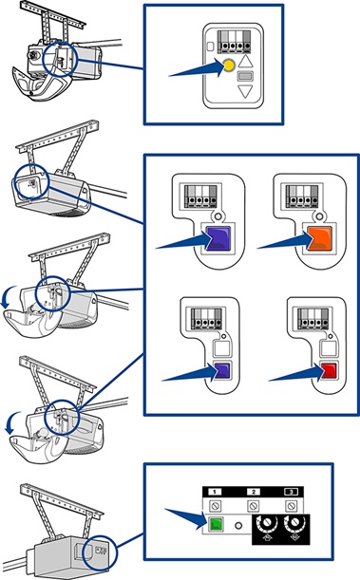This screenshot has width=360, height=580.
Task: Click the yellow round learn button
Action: point(229,65)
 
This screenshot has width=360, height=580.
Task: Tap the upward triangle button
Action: point(245,61)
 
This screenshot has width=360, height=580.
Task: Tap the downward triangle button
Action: point(245,91)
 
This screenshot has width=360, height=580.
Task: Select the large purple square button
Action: point(218,239)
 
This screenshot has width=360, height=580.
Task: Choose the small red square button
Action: point(329,370)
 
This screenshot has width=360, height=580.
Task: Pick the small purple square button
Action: point(222,370)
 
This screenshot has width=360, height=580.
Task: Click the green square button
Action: point(215,524)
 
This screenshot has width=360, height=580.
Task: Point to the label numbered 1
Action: point(215,492)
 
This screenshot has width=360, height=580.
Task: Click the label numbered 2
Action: point(254,492)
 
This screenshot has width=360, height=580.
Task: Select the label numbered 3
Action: point(292,492)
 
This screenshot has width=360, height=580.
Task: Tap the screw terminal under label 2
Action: point(254,505)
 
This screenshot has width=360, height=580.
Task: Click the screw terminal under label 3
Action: point(292,505)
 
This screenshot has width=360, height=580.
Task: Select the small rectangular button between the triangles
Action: point(245,77)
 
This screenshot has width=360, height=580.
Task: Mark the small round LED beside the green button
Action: point(238,525)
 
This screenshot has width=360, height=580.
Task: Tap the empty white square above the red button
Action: point(328,348)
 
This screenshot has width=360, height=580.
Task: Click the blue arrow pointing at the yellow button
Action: point(197,68)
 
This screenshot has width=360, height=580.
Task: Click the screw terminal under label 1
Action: point(215,505)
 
